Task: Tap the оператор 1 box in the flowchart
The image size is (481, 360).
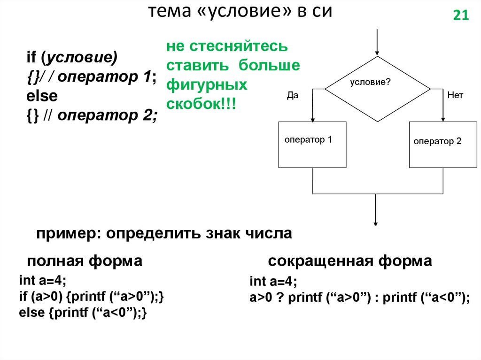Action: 312,145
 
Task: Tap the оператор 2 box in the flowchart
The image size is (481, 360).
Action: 443,145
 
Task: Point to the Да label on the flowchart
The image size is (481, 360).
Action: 293,95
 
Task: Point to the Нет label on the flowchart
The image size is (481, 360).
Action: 455,95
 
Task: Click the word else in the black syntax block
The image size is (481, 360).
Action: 42,96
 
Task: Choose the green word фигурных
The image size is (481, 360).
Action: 206,85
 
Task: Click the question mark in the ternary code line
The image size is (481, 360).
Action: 279,297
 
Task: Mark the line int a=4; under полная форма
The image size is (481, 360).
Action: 43,281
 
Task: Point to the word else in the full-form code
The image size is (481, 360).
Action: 31,313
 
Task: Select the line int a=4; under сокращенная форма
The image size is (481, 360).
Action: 273,282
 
